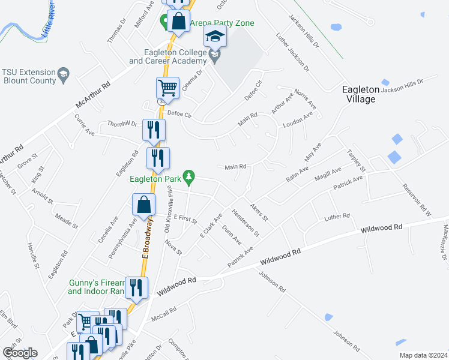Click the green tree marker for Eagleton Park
coord(190,176)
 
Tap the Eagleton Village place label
coord(361,94)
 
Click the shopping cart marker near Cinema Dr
coord(167,88)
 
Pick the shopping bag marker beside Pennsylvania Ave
coord(144,205)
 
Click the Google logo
coord(19,353)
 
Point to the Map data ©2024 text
coord(423,355)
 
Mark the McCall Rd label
coord(163,314)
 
